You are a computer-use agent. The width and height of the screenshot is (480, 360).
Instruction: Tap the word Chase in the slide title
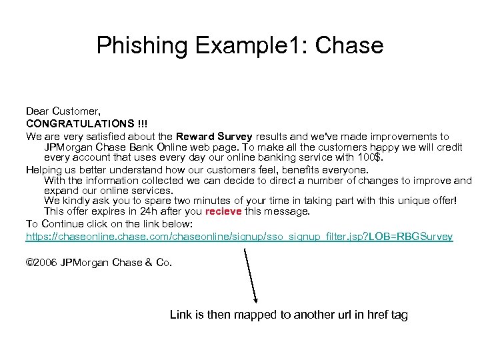click(349, 45)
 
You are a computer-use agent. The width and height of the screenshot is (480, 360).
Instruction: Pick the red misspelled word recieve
click(224, 211)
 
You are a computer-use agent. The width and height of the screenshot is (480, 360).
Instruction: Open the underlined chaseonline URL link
click(239, 237)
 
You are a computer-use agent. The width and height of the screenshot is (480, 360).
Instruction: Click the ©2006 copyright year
click(41, 262)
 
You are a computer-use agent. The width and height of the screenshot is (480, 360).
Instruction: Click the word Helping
click(45, 170)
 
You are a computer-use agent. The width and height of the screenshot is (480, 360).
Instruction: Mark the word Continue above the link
click(60, 224)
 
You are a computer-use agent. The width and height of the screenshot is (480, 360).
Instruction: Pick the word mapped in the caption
click(247, 315)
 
